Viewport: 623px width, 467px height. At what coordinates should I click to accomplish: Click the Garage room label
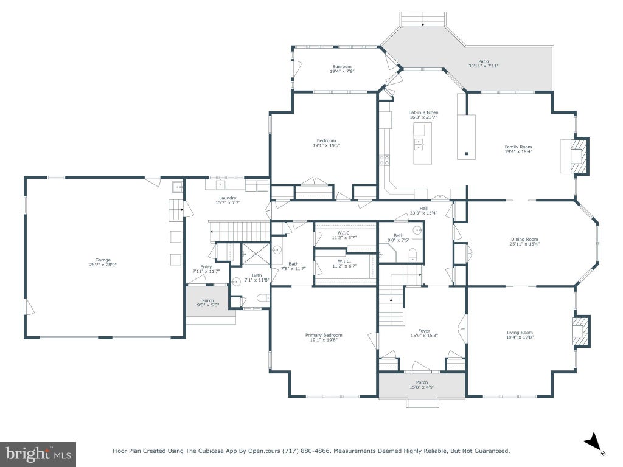click(x=103, y=260)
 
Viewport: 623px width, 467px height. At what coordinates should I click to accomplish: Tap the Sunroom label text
click(x=342, y=67)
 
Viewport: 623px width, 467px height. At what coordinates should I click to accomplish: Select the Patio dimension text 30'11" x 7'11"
click(x=483, y=66)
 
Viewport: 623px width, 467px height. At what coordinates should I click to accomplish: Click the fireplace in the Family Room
click(x=579, y=155)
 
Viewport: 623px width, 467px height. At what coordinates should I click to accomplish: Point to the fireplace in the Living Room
click(x=581, y=331)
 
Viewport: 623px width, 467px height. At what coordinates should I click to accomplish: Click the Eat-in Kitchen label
click(x=423, y=112)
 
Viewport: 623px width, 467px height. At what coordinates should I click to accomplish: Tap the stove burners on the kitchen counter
click(x=385, y=160)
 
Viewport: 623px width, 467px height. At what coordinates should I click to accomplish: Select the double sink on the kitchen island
click(x=419, y=144)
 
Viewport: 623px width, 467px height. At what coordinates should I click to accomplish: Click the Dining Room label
click(x=524, y=239)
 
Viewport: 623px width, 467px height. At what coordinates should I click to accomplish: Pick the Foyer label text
click(x=424, y=330)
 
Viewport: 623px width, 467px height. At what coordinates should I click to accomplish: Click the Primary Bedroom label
click(x=324, y=335)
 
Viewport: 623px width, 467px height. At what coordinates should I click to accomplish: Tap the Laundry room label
click(x=228, y=198)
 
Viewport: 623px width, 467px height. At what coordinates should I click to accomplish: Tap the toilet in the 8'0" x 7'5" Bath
click(x=412, y=254)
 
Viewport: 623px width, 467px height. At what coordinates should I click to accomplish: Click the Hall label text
click(x=423, y=208)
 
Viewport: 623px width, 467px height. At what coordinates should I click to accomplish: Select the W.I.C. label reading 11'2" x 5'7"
click(x=344, y=235)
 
